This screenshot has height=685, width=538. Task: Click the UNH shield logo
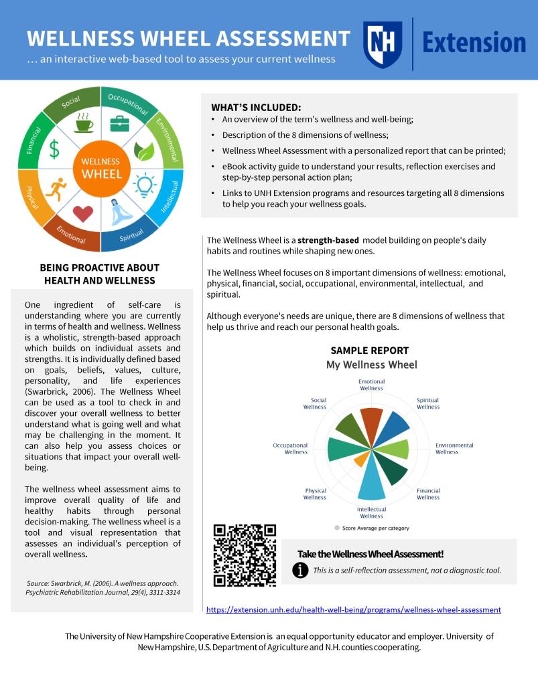pos(383,43)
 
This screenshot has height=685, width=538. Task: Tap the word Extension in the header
pos(474,43)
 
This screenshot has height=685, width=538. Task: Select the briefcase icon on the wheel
pos(120,123)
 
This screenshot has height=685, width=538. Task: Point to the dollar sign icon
pos(54,150)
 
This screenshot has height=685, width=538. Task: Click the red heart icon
pos(82,213)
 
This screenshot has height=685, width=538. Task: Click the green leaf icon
pos(144,151)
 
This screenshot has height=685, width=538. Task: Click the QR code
pos(245,555)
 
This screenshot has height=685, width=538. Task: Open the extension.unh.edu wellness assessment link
pos(353,610)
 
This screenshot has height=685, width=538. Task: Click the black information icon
pos(301,570)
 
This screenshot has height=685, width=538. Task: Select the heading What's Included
pos(256,107)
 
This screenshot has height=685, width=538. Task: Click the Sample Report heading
pos(369,351)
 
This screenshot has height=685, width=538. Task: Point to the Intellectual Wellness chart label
pos(371,512)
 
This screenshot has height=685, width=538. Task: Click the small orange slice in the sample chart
pos(360,459)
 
